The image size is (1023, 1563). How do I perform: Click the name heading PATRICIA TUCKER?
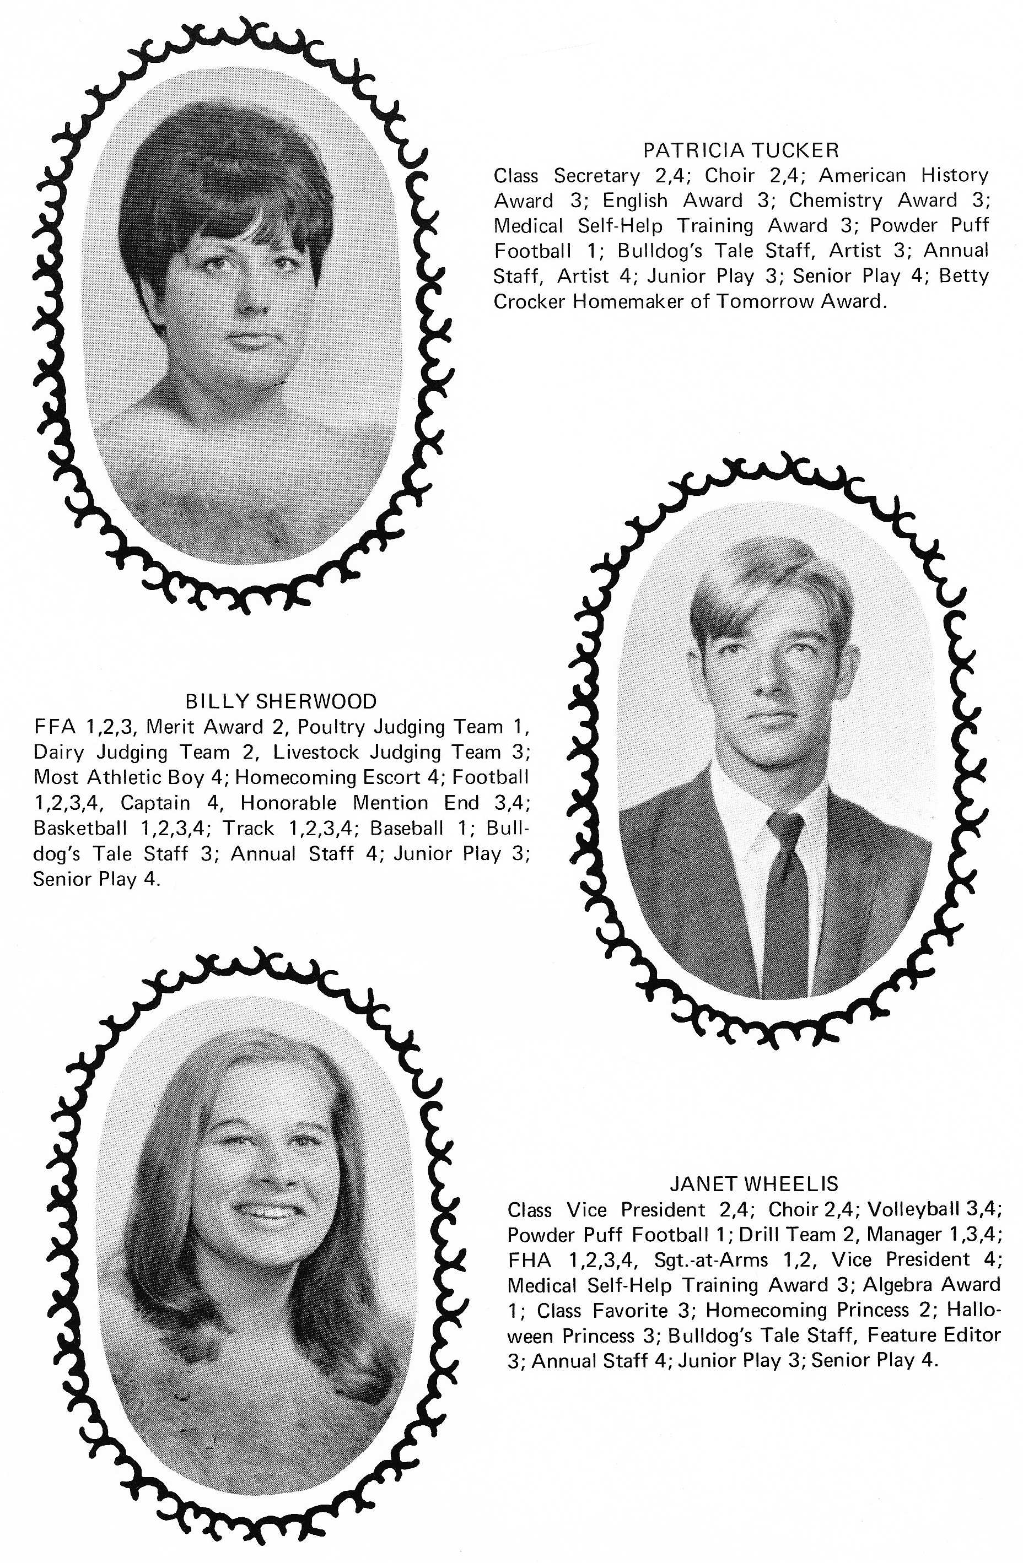click(x=740, y=150)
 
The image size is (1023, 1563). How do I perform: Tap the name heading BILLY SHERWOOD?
click(x=281, y=701)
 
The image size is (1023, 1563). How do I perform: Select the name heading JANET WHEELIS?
click(x=753, y=1183)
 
